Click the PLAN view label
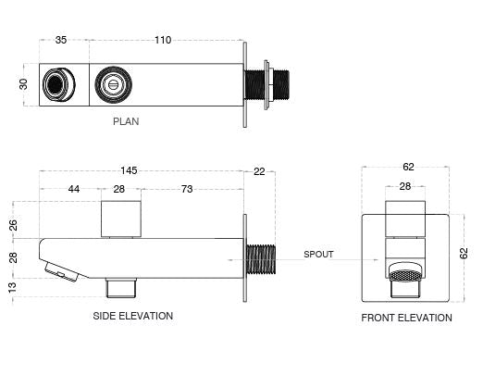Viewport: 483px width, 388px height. [x=127, y=120]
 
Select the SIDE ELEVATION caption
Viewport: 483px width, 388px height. [x=132, y=316]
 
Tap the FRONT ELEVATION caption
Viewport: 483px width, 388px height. [x=406, y=318]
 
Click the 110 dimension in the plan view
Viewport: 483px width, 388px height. [x=164, y=40]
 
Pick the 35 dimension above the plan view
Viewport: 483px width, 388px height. [x=61, y=40]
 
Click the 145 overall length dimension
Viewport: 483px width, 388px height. [x=129, y=169]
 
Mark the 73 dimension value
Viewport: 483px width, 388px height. [x=187, y=190]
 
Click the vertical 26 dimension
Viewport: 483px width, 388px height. [x=13, y=224]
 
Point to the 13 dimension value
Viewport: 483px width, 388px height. [x=13, y=286]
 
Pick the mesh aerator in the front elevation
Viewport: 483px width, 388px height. [x=408, y=275]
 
